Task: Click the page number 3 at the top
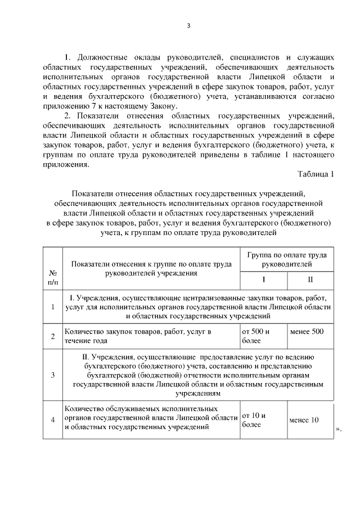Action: [x=189, y=26]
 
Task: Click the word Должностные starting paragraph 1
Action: [x=105, y=57]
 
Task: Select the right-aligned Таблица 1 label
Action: [x=316, y=174]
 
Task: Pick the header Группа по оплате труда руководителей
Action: [x=287, y=259]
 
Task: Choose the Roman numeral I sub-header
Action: [x=264, y=279]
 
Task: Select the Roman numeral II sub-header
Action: [x=310, y=279]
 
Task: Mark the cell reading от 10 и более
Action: [x=254, y=420]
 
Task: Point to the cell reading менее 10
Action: [x=303, y=420]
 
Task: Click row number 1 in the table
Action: [x=52, y=307]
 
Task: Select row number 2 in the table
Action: [x=52, y=336]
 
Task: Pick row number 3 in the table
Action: [x=52, y=375]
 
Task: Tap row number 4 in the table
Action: [x=52, y=420]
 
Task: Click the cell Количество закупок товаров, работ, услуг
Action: [x=138, y=336]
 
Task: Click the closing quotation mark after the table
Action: [x=338, y=430]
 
